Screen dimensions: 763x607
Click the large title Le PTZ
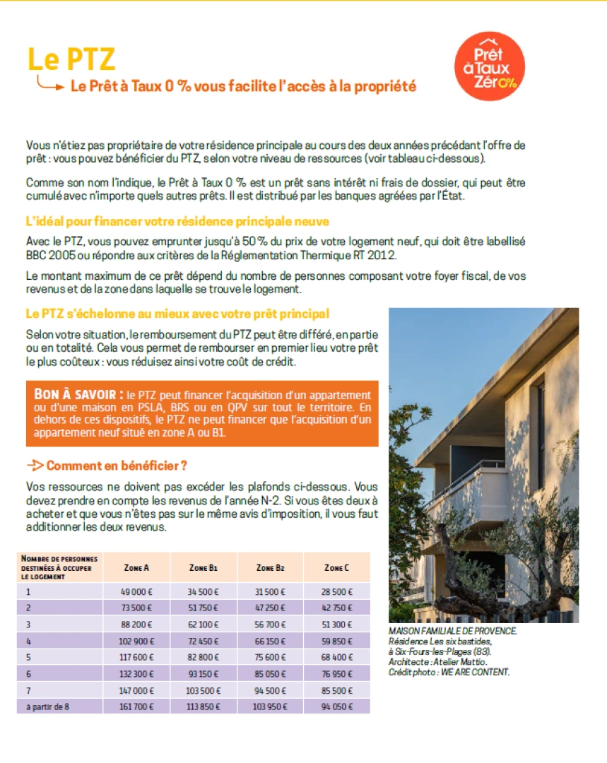tap(71, 59)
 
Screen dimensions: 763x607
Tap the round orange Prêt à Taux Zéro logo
tap(490, 66)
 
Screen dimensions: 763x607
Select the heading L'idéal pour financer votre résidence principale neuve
tap(177, 222)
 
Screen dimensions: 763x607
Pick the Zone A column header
tap(136, 567)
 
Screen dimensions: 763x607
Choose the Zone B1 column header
tap(204, 567)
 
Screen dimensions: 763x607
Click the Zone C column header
tap(336, 567)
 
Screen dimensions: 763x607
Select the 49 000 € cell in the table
tap(136, 591)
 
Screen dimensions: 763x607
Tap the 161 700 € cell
tap(136, 706)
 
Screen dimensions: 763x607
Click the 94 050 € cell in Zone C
tap(336, 706)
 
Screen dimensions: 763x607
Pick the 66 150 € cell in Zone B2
tap(269, 641)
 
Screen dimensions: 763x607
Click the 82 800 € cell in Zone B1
tap(204, 657)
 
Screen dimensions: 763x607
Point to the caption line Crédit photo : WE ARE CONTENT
tap(449, 672)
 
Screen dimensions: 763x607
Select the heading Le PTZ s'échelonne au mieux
tap(177, 313)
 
